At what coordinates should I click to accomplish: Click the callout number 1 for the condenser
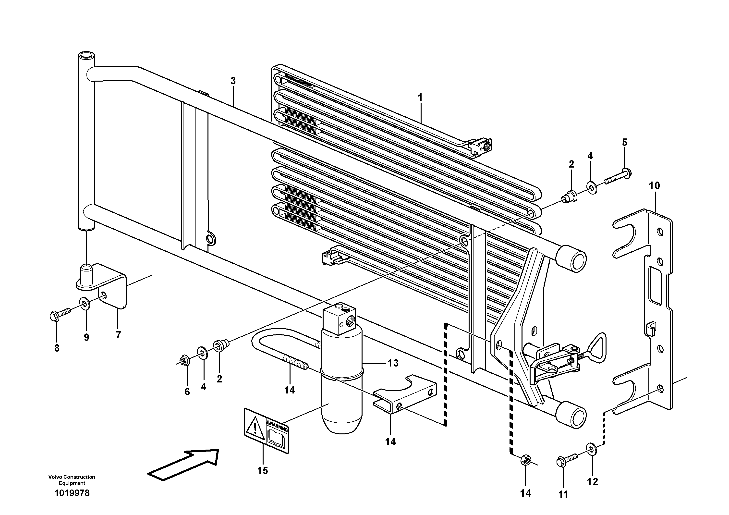pyautogui.click(x=420, y=98)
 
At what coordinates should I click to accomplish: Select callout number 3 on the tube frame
pyautogui.click(x=233, y=81)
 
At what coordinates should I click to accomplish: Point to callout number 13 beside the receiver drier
pyautogui.click(x=393, y=363)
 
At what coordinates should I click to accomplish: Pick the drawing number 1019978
pyautogui.click(x=72, y=493)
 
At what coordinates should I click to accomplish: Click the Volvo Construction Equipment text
pyautogui.click(x=72, y=480)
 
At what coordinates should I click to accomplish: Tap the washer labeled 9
pyautogui.click(x=85, y=304)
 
